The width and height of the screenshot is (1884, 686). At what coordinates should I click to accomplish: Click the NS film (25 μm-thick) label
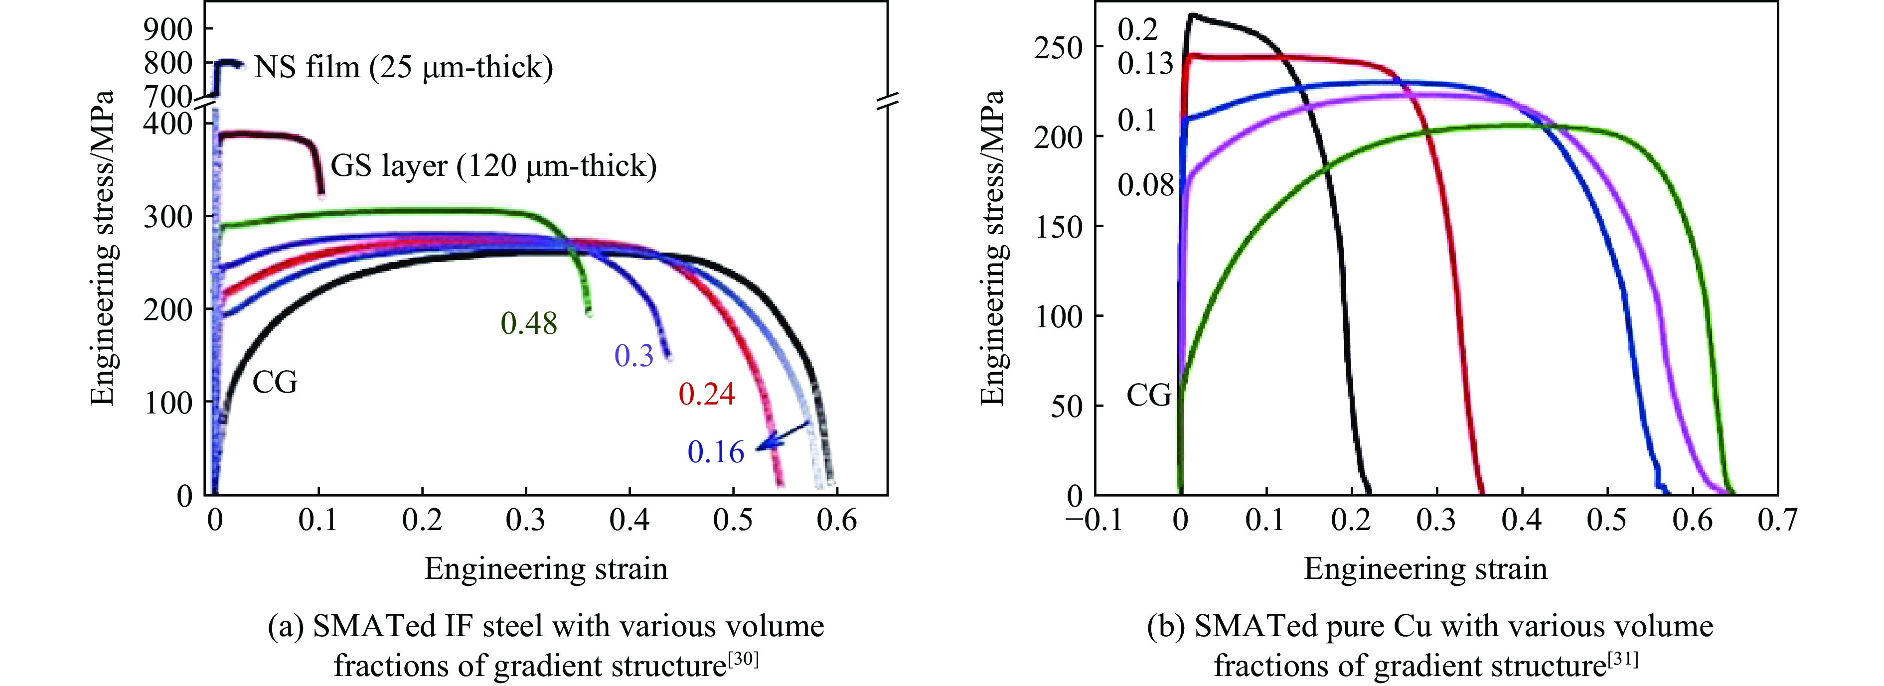click(x=403, y=67)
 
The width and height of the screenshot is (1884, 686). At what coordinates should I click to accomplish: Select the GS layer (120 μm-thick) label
click(x=493, y=166)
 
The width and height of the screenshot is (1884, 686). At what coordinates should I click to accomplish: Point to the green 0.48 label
click(x=529, y=323)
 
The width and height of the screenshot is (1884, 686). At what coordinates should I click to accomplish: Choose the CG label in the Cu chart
click(x=1148, y=396)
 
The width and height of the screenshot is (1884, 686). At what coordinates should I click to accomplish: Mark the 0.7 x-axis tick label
click(x=1777, y=521)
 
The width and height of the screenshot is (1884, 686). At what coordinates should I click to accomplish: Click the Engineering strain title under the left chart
click(x=546, y=569)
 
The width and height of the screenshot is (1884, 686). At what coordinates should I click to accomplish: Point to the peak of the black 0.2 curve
click(x=1192, y=14)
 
